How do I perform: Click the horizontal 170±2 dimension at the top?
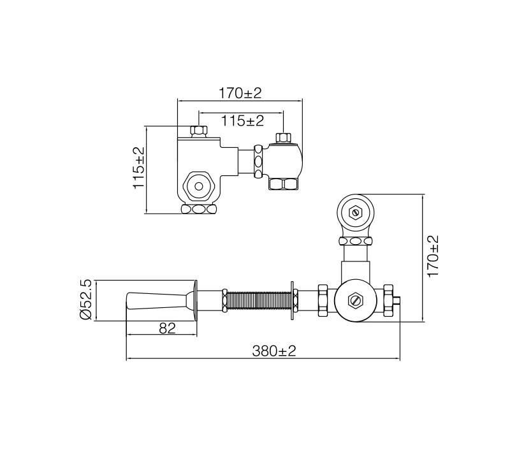tap(240, 93)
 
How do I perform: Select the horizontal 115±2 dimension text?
tap(242, 120)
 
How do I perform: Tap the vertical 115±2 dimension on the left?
tap(138, 168)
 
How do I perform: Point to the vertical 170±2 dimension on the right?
tap(433, 256)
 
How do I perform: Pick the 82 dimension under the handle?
tap(167, 328)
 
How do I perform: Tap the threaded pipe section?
tap(258, 300)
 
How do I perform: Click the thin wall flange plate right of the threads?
tap(293, 300)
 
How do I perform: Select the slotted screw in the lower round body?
tap(354, 299)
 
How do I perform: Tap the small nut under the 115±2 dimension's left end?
tap(199, 132)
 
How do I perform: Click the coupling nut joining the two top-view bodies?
tap(258, 161)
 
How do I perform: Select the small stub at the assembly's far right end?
tap(397, 300)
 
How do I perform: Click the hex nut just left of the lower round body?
tap(323, 300)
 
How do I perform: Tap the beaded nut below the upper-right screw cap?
tap(354, 241)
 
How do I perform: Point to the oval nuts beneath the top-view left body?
tap(199, 209)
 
